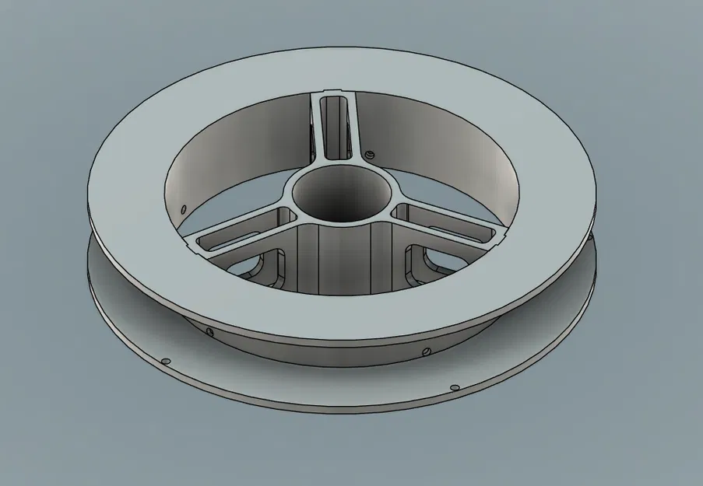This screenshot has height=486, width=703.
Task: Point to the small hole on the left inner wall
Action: pos(182,209)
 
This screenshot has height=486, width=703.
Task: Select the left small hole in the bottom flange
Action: pos(165,362)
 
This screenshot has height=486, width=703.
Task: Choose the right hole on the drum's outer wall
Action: pos(425,351)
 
